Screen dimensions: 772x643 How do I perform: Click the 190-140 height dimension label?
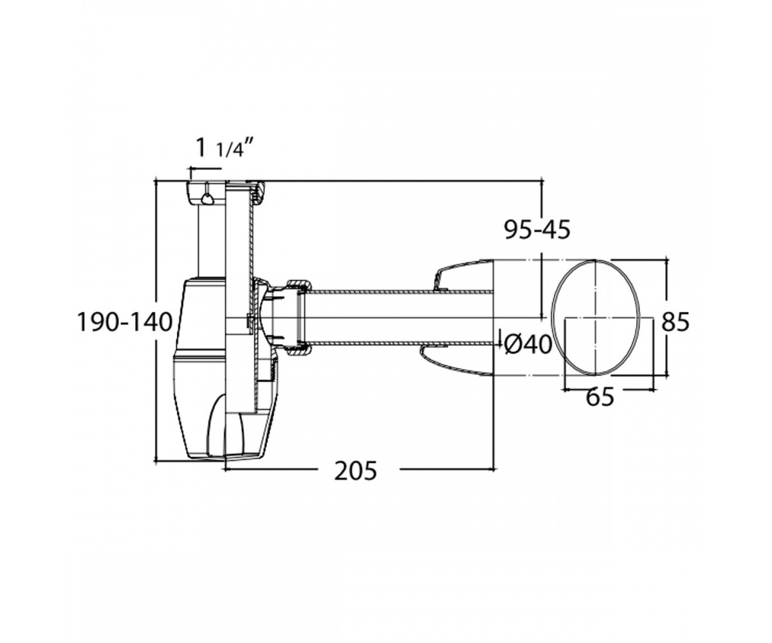tap(125, 321)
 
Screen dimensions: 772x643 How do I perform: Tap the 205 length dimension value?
tap(355, 471)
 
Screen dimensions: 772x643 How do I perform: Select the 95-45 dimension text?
tap(538, 230)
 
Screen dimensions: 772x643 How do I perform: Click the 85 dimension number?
tap(675, 321)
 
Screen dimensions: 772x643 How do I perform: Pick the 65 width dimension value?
tap(600, 397)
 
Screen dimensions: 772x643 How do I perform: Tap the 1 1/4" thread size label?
tap(225, 148)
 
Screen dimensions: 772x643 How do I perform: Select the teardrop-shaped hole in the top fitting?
tap(207, 199)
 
